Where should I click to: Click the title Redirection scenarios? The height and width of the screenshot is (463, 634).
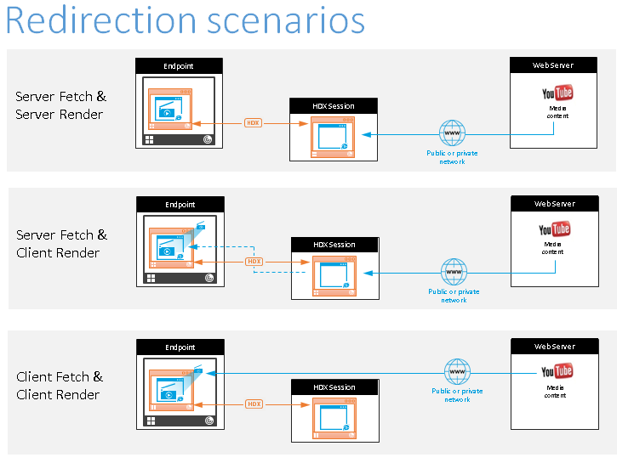click(185, 21)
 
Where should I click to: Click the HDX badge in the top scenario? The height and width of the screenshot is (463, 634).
click(253, 122)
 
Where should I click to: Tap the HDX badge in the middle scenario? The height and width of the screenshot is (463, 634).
click(254, 261)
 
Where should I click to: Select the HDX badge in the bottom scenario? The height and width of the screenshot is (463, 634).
click(254, 404)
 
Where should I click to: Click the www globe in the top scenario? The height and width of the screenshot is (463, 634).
click(452, 133)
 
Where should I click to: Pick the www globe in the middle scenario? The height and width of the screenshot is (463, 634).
click(454, 272)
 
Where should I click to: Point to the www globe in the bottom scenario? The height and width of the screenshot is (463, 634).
click(457, 371)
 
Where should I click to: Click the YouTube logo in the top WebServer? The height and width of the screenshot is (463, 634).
click(557, 93)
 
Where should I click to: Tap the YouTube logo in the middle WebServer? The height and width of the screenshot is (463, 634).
click(555, 229)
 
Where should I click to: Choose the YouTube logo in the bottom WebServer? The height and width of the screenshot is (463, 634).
click(557, 371)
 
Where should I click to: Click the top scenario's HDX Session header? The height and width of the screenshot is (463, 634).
click(334, 106)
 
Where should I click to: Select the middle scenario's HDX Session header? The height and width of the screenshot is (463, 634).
click(334, 245)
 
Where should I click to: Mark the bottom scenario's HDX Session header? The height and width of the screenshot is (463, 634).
click(334, 387)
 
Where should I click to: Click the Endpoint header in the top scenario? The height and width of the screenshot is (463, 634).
click(179, 65)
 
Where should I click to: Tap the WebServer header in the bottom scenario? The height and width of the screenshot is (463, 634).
click(554, 347)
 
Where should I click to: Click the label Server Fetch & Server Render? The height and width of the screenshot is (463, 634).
click(60, 105)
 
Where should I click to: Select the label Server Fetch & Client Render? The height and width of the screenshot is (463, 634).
click(60, 244)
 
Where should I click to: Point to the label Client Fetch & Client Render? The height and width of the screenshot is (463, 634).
click(60, 386)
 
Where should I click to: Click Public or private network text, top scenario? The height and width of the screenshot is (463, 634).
click(452, 157)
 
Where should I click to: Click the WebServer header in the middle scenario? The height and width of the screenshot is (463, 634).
click(554, 204)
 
